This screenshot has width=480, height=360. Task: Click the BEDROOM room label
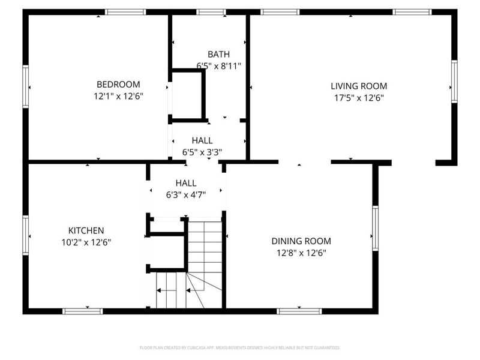118,85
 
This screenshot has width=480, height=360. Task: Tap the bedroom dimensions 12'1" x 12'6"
118,95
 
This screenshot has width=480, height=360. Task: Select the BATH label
218,55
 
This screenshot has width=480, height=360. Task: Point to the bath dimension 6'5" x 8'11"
218,65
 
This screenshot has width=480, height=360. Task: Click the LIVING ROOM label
359,86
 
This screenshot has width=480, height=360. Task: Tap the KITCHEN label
86,230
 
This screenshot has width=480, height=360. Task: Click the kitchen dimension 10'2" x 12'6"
86,242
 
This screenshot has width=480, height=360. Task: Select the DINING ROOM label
301,241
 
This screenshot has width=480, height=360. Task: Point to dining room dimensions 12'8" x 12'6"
301,253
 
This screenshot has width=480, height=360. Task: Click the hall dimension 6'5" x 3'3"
202,152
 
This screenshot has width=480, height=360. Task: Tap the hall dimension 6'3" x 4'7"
186,194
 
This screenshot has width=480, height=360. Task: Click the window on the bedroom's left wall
26,87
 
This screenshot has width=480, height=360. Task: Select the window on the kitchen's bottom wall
83,311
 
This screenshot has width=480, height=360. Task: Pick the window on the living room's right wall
454,82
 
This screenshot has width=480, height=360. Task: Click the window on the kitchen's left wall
26,235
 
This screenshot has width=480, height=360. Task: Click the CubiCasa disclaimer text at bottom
240,347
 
